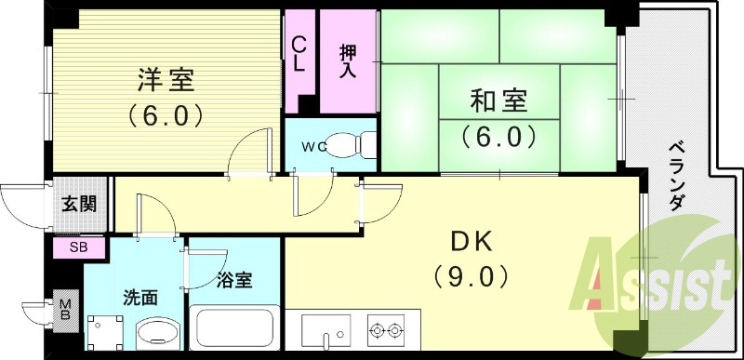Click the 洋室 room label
pos(168,82)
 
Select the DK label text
pos(472,241)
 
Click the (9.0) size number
pos(472,275)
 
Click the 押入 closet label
pos(347,58)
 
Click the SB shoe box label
pos(79,247)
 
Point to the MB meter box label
pos(65,310)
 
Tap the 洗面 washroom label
pos(141,299)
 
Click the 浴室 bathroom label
pos(232,279)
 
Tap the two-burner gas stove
pos(386,329)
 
